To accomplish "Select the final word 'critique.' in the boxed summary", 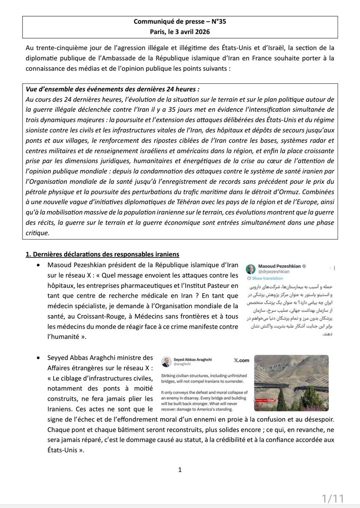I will (37, 232).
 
